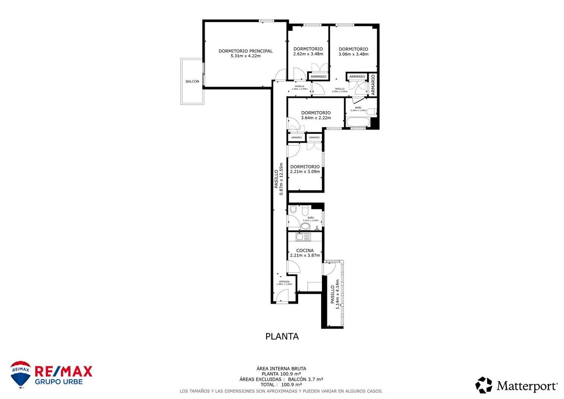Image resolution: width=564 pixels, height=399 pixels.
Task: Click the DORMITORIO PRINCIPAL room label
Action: pyautogui.click(x=246, y=51)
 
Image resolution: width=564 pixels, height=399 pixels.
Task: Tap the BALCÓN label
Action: pyautogui.click(x=192, y=82)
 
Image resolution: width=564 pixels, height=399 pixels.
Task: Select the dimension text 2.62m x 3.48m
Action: pyautogui.click(x=308, y=54)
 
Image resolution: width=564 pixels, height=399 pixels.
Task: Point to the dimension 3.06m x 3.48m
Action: pyautogui.click(x=353, y=54)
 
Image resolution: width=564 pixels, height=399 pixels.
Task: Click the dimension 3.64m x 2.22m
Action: pyautogui.click(x=316, y=118)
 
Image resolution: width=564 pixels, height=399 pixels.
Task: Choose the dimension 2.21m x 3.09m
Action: pyautogui.click(x=305, y=172)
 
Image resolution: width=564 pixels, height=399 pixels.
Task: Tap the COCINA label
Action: pyautogui.click(x=305, y=250)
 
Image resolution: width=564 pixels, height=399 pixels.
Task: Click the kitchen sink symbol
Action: pyautogui.click(x=300, y=237)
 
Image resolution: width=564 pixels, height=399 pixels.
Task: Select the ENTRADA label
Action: pyautogui.click(x=284, y=282)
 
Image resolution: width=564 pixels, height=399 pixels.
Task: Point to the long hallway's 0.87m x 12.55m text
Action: pyautogui.click(x=281, y=179)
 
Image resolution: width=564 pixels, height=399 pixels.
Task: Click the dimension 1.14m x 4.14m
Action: pyautogui.click(x=337, y=294)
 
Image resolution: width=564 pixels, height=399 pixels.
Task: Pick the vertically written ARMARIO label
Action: pyautogui.click(x=373, y=84)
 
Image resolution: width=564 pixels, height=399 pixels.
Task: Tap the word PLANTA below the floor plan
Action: pyautogui.click(x=282, y=337)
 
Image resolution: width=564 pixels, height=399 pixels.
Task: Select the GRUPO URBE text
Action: pyautogui.click(x=59, y=382)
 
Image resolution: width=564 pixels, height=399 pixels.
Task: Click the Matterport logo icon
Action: pyautogui.click(x=484, y=385)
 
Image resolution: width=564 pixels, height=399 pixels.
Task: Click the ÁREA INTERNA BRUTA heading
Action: pyautogui.click(x=281, y=369)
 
